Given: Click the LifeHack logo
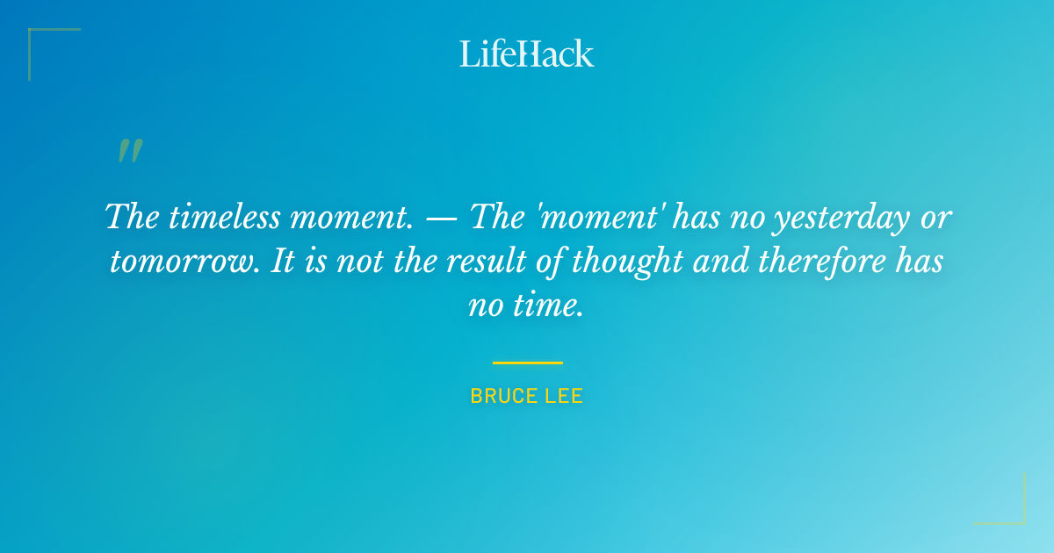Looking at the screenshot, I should (527, 53).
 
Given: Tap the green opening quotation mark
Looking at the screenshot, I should (130, 151).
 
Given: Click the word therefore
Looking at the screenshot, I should (803, 262).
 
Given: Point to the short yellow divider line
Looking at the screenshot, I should (527, 362).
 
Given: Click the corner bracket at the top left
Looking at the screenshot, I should (40, 40).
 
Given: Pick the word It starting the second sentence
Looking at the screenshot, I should (282, 262).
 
